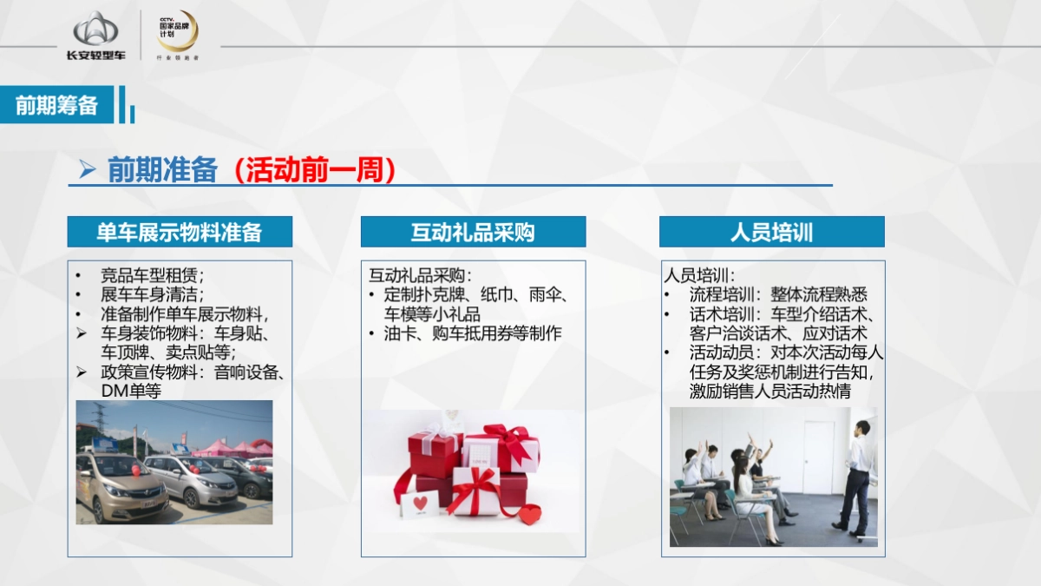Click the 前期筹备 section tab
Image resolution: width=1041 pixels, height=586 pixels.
(57, 105)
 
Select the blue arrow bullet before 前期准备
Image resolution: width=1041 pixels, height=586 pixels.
(87, 170)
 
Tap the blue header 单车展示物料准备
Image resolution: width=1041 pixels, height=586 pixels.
(180, 232)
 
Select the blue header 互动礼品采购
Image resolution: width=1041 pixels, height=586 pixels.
(473, 232)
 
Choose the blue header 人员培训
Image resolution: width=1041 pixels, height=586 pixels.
(771, 232)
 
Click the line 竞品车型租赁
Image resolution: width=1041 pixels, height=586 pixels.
(152, 276)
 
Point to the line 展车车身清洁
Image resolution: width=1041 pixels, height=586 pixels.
(152, 295)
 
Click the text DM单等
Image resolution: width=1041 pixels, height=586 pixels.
(131, 392)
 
